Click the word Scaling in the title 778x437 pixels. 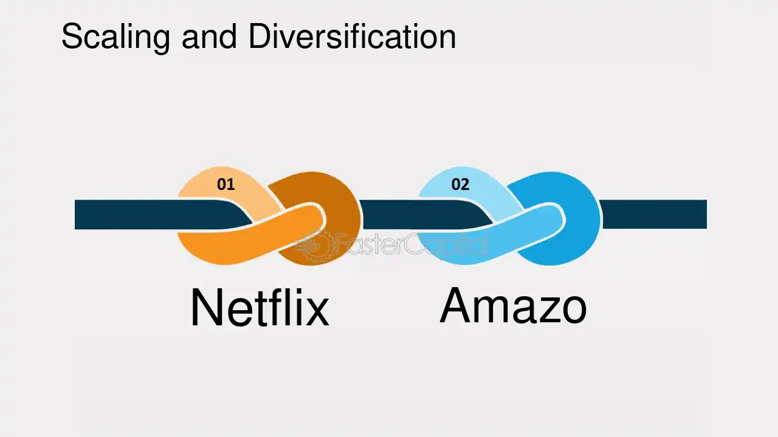(x=115, y=38)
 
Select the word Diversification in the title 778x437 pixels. (x=352, y=36)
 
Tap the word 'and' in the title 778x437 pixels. (x=209, y=36)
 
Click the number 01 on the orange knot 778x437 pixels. (x=225, y=184)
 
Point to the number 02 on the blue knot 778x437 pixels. (x=460, y=184)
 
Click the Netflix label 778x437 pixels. (x=260, y=308)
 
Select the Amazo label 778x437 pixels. (x=513, y=305)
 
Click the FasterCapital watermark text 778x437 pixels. (x=410, y=245)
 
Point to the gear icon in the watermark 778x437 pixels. (x=314, y=246)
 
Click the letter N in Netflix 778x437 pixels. (x=206, y=308)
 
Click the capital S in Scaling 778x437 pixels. (x=72, y=36)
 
